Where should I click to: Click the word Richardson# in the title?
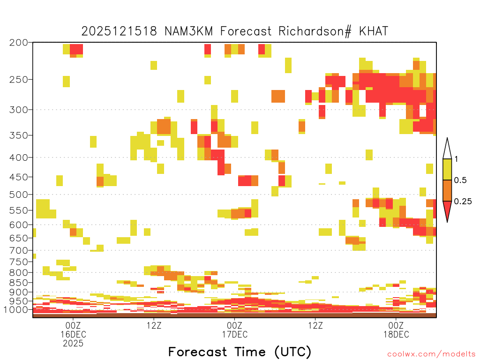pos(315,31)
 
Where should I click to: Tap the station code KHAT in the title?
pos(374,31)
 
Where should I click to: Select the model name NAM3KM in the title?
pos(188,31)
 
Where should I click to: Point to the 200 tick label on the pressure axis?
pos(19,43)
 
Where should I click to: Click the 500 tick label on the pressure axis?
pos(19,195)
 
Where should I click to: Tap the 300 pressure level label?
pos(19,110)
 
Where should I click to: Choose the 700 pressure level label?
pos(19,250)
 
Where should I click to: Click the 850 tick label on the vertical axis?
pos(19,282)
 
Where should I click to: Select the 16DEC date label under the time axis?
pos(73,334)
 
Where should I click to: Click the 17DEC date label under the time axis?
pos(235,334)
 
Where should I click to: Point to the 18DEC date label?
pos(396,334)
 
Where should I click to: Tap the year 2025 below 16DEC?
pos(73,344)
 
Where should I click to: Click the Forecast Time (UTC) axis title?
pos(240,352)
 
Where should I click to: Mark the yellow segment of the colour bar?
pos(447,169)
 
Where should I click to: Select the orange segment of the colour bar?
pos(447,190)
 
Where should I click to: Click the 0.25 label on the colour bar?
pos(463,202)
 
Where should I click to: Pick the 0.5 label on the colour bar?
pos(460,180)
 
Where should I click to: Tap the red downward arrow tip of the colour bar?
pos(447,222)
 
